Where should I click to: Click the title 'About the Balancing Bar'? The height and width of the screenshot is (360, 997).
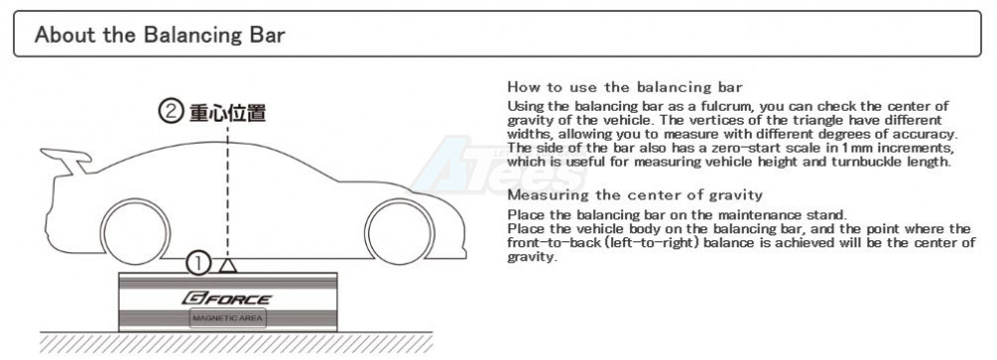coord(160,34)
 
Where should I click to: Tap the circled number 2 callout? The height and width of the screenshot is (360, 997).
coord(169,113)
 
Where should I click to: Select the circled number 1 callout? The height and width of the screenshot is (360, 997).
coord(197,263)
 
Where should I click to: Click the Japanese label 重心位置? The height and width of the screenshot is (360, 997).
coord(227,114)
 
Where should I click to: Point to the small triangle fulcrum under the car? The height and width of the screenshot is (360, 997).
coord(227,265)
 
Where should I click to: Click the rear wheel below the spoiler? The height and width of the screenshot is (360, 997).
coord(136,231)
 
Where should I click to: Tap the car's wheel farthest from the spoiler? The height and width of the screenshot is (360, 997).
coord(400,231)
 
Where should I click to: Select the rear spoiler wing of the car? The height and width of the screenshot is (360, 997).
coord(65,161)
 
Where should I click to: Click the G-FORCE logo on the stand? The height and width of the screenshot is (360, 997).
coord(226,298)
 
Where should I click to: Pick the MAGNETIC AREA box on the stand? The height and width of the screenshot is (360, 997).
coord(227,319)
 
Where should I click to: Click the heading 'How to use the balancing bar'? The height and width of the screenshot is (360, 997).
coord(625,87)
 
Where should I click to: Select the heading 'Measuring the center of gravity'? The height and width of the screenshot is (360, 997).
coord(634,194)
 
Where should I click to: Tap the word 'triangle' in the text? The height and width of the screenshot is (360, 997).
coord(772,121)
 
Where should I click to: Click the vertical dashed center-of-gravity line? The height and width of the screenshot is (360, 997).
coord(227,190)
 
